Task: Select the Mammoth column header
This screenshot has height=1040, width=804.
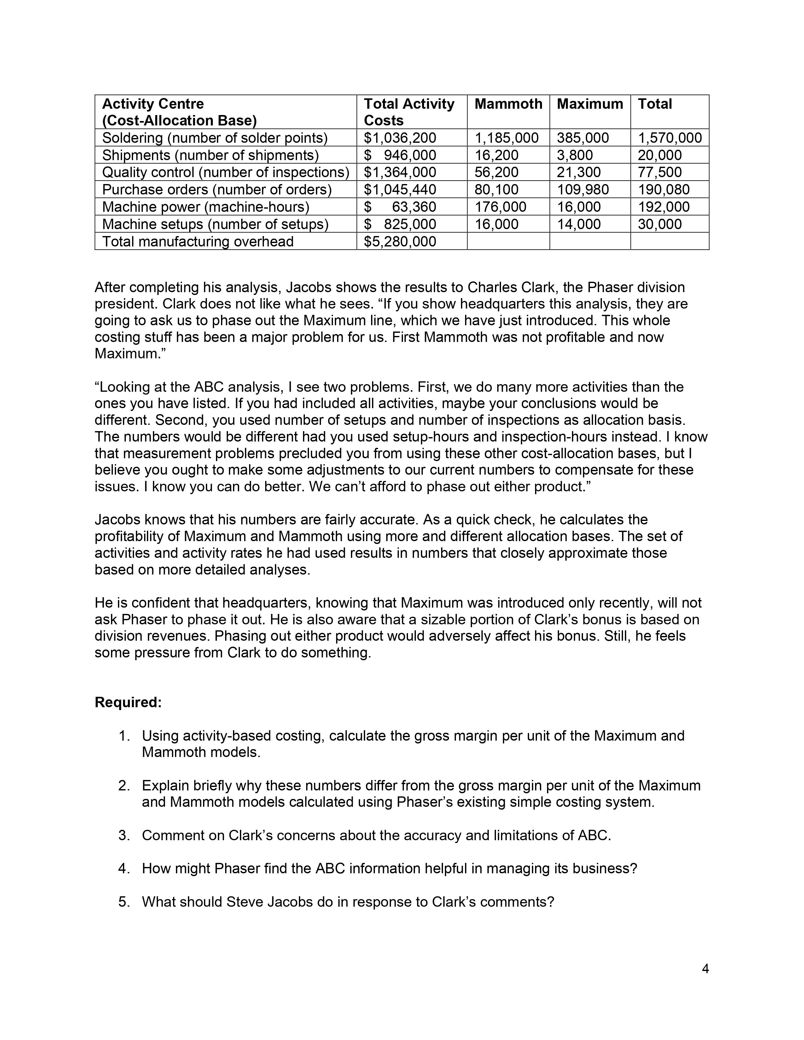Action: point(508,104)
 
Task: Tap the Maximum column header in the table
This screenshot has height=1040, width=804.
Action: point(590,104)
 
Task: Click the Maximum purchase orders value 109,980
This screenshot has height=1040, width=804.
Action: point(583,189)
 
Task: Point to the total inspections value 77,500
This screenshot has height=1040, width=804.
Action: point(660,172)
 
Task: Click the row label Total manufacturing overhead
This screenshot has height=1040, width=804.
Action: point(198,241)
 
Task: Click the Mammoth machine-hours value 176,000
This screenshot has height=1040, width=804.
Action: point(500,207)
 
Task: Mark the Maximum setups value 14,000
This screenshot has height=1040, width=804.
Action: point(579,224)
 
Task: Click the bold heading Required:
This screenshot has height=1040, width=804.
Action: point(128,702)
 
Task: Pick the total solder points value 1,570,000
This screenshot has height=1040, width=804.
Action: point(669,138)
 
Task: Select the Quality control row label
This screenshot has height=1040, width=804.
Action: point(225,172)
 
